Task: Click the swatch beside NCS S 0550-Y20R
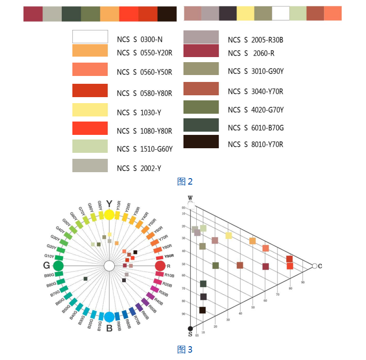click(x=90, y=50)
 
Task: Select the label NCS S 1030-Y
click(x=139, y=112)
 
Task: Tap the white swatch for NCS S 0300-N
click(x=90, y=36)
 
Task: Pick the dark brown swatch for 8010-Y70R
click(x=201, y=142)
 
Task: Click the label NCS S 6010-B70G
click(x=255, y=128)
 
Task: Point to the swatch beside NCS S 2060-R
click(x=201, y=51)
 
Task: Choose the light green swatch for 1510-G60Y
click(x=90, y=146)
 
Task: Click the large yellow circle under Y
click(x=109, y=215)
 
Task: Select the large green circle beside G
click(x=58, y=266)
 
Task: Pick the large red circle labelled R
click(x=160, y=266)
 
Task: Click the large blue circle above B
click(x=109, y=317)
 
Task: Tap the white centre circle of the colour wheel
click(x=109, y=266)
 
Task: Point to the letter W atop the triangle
click(x=190, y=198)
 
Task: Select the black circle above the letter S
click(x=190, y=328)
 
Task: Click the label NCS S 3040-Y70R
click(x=255, y=92)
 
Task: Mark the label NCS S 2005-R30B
click(x=255, y=40)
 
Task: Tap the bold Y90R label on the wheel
click(x=169, y=256)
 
